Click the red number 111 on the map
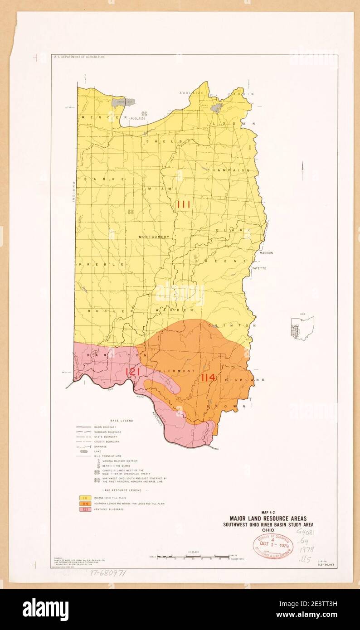coord(184,204)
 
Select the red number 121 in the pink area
coord(132,372)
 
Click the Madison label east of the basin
coord(266,253)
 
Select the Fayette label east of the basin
coord(260,268)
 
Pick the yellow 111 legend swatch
coord(84,498)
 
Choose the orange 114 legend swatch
coord(84,504)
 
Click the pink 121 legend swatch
coord(84,509)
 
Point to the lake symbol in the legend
coord(84,451)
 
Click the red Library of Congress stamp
coord(272,545)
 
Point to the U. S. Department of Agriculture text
coord(79,57)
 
